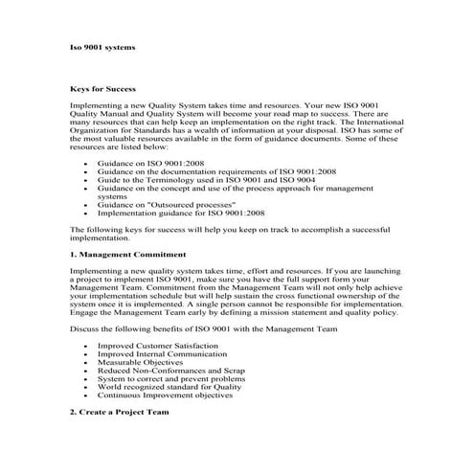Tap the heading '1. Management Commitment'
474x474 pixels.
(128, 256)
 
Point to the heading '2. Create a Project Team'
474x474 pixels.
(119, 412)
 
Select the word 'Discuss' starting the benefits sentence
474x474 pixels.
(85, 329)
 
